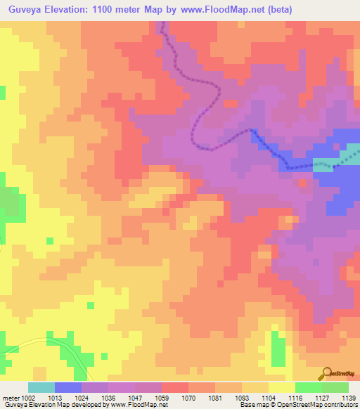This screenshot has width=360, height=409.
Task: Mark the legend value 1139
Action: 349,397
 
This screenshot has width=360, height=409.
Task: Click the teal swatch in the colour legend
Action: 41,387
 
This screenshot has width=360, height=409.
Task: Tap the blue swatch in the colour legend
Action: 67,387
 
